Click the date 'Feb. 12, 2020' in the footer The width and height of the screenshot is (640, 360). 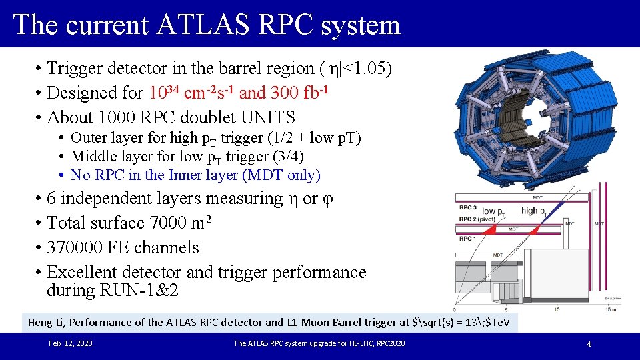point(71,343)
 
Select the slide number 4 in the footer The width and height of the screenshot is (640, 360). point(589,344)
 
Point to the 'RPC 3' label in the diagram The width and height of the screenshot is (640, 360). point(468,207)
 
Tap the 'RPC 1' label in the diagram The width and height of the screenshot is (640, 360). point(468,238)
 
